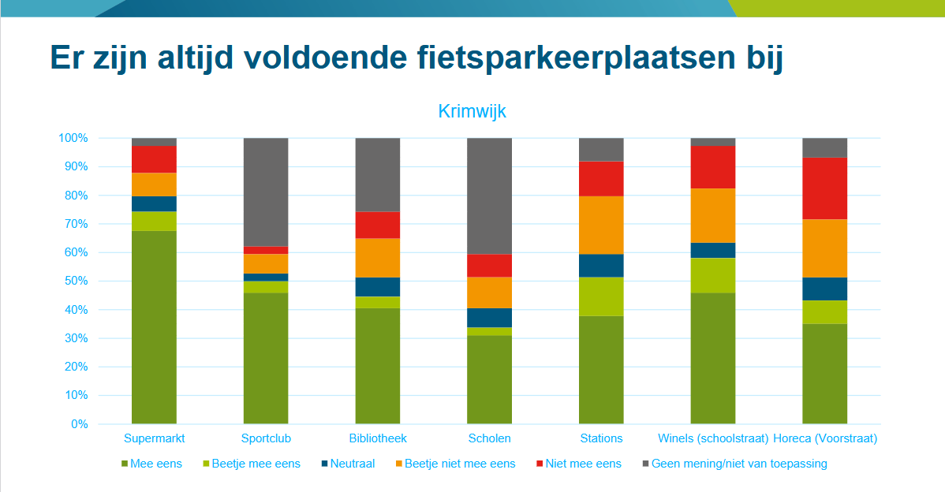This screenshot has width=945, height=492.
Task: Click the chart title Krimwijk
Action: point(472,111)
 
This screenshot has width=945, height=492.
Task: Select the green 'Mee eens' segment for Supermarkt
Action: point(154,327)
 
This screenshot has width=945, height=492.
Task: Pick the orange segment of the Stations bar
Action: point(601,225)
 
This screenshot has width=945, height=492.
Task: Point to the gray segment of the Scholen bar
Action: point(490,196)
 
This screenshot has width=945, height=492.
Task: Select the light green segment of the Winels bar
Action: point(713,275)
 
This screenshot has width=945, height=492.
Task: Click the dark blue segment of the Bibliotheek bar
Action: point(378,287)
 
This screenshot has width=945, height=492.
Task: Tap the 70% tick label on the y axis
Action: point(73,224)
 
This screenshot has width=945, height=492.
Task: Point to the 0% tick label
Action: point(79,424)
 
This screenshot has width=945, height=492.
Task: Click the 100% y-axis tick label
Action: point(72,138)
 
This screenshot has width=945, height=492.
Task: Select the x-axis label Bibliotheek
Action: point(378,438)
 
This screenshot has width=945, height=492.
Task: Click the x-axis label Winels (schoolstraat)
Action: point(713,438)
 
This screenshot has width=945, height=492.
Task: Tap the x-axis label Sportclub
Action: point(266,438)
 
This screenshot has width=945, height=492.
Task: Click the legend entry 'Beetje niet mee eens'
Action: point(459,464)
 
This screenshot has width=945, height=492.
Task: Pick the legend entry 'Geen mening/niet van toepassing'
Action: point(738,464)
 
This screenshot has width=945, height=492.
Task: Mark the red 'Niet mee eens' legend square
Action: point(539,464)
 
